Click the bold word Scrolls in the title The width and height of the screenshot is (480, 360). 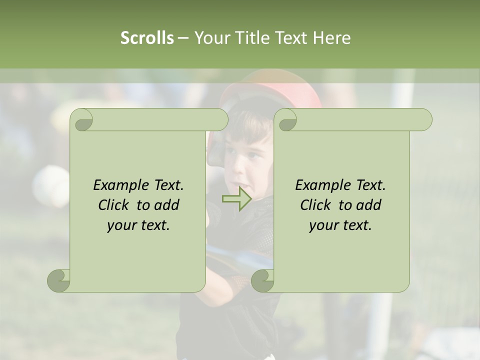click(x=147, y=37)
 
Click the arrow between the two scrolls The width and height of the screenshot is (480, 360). click(x=236, y=199)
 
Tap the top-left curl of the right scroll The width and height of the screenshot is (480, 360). click(x=287, y=120)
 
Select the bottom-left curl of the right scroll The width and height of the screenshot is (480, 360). click(x=263, y=280)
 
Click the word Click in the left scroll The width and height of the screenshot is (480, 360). click(x=115, y=205)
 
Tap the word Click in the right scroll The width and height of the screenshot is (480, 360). click(x=317, y=205)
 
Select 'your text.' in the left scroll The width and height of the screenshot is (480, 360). click(x=138, y=225)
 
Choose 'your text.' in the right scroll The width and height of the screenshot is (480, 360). click(x=340, y=225)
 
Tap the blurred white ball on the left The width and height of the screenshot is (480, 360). click(x=50, y=185)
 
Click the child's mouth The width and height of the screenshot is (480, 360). click(x=244, y=183)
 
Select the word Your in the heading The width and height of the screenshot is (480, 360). click(x=210, y=37)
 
